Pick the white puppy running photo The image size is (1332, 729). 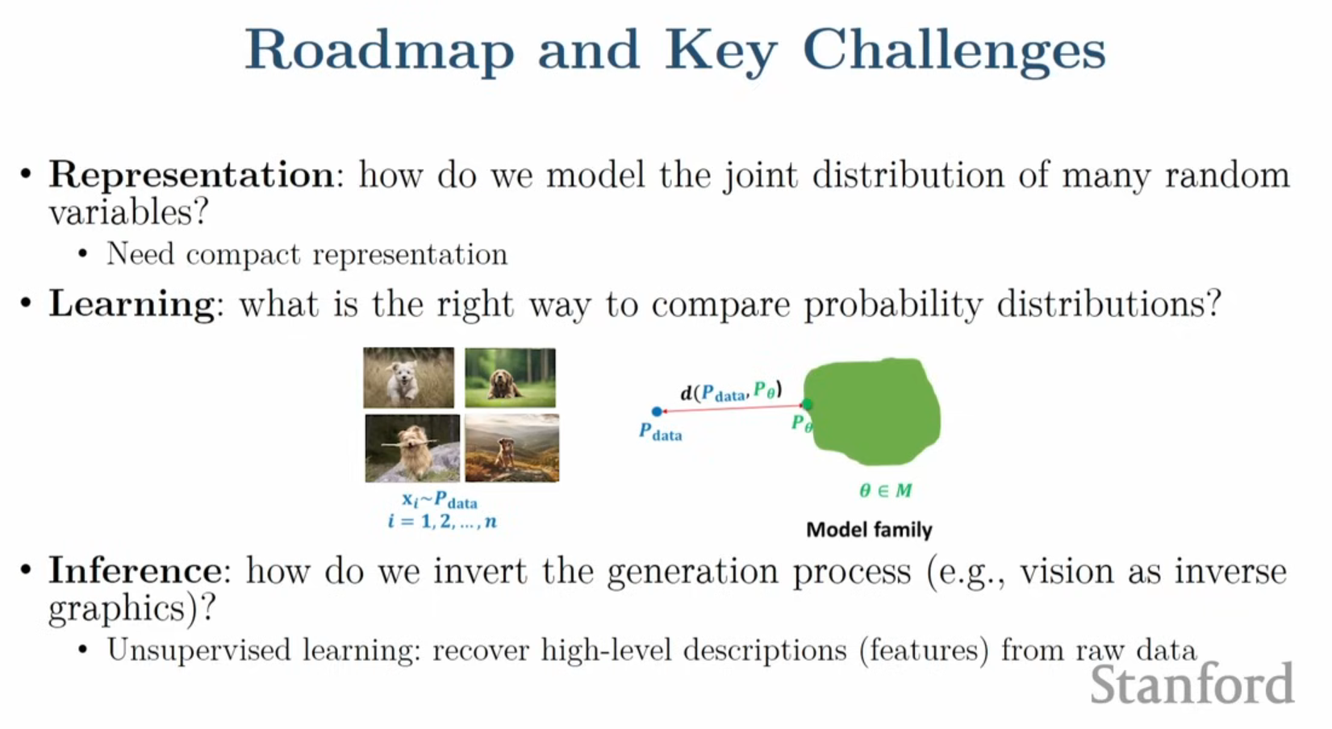pos(408,378)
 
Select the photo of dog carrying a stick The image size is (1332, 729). pos(412,448)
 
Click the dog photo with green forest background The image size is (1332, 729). pos(510,378)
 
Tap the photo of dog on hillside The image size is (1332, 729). pos(512,448)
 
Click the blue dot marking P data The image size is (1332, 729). pos(657,411)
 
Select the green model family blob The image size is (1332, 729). pos(872,411)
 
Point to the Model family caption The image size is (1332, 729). pos(869,529)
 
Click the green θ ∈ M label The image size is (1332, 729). pos(885,491)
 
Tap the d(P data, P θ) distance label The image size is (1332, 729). pos(732,392)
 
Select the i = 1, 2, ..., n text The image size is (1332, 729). pos(442,522)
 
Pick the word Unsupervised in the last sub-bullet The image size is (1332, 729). pos(198,650)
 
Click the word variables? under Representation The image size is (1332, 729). pos(128,211)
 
